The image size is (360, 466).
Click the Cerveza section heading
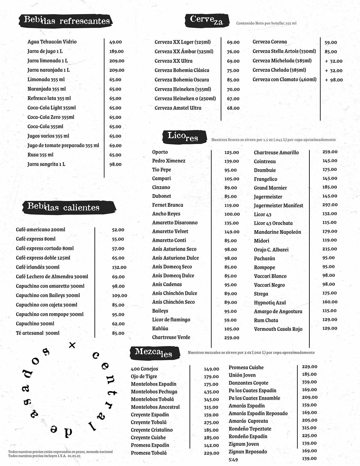coord(206,20)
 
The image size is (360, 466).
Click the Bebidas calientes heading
coord(64,207)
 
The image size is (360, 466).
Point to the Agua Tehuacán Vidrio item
coord(52,42)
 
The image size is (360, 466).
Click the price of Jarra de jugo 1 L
coord(116,51)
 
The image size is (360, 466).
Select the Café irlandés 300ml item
coord(38,267)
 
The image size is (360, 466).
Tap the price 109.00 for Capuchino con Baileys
coord(120,295)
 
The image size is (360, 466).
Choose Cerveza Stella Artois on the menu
coord(284,51)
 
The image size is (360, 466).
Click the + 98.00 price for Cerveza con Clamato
coord(334,80)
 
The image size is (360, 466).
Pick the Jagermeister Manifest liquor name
coord(278,205)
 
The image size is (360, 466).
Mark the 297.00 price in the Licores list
coord(330,205)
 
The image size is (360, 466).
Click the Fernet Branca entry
coord(168,205)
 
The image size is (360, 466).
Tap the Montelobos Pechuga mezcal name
coord(154,391)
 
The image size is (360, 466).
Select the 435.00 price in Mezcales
coord(211,392)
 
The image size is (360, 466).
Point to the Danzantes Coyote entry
coord(248,383)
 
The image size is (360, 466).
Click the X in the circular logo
coord(72,345)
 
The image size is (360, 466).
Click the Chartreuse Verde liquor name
coord(171,337)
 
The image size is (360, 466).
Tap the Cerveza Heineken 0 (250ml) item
coord(185,98)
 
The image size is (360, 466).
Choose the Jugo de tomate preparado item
coord(63,145)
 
